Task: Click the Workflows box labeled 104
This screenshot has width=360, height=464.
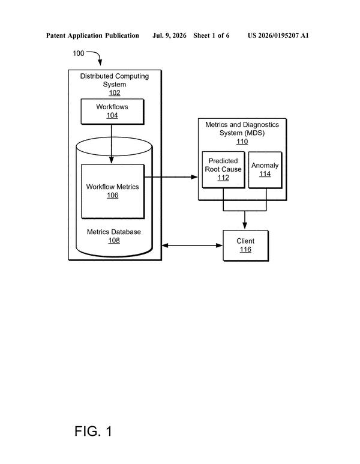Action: click(x=112, y=112)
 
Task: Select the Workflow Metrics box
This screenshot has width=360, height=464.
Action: click(x=113, y=191)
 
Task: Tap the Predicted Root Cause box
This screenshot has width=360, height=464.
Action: click(x=223, y=169)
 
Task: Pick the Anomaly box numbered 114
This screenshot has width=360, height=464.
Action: click(x=265, y=170)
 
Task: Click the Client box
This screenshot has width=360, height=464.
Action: click(x=245, y=246)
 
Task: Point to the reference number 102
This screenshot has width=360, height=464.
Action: click(x=115, y=93)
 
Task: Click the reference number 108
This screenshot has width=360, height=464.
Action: click(x=114, y=240)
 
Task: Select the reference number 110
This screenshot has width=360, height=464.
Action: click(x=242, y=142)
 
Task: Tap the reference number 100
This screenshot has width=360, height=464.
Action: click(x=79, y=53)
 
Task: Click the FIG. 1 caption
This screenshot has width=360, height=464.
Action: click(x=93, y=431)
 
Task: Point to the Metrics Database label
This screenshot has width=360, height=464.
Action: click(x=114, y=232)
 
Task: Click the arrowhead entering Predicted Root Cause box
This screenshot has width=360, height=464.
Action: click(x=194, y=177)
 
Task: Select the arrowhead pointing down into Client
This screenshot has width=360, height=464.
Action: click(x=245, y=226)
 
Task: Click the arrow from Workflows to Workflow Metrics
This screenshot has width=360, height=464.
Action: click(x=112, y=144)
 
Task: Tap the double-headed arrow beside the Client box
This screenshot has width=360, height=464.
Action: click(x=192, y=246)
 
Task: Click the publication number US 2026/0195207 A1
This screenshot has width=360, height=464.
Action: click(x=278, y=35)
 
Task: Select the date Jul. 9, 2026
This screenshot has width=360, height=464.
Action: click(x=169, y=36)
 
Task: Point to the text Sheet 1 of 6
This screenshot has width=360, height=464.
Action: click(x=211, y=35)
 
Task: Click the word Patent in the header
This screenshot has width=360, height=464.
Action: click(x=56, y=35)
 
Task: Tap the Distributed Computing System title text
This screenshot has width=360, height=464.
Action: click(x=115, y=80)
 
